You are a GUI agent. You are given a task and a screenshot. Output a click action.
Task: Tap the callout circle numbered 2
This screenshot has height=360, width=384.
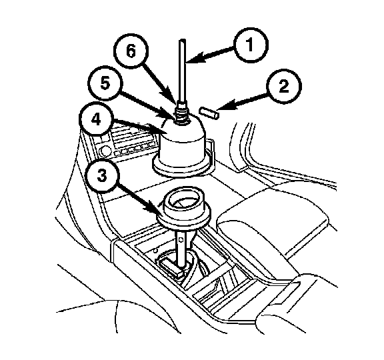(x=284, y=86)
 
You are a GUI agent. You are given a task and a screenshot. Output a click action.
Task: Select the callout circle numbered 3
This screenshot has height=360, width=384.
(x=102, y=175)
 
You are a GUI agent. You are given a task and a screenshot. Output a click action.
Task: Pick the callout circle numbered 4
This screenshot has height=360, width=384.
(x=97, y=120)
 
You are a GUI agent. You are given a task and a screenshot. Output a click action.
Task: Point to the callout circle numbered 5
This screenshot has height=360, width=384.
(x=105, y=83)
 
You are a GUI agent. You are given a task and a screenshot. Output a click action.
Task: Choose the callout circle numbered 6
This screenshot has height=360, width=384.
(x=131, y=51)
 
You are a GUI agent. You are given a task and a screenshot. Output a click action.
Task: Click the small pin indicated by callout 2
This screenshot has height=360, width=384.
(x=209, y=113)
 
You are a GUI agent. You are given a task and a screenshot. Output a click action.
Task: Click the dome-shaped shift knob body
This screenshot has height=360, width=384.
(x=183, y=141)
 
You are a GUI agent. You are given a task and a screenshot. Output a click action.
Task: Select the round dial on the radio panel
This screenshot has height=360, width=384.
(x=105, y=151)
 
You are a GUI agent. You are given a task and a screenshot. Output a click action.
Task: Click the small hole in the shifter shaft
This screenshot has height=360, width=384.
(x=181, y=239)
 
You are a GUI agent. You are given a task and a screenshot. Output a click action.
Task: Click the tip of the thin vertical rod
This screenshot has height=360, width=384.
(x=183, y=40)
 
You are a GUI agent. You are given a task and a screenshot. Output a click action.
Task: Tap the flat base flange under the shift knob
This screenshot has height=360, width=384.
(x=182, y=167)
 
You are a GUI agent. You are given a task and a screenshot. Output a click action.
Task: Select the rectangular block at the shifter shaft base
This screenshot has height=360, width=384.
(x=171, y=267)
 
